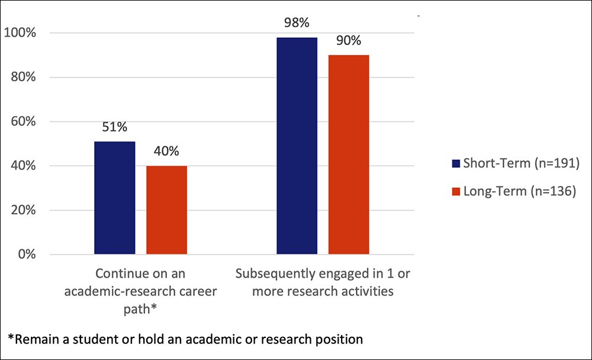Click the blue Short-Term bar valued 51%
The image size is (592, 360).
pos(114,198)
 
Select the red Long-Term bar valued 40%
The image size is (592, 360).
pos(167,210)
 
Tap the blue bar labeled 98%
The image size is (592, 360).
pos(297,146)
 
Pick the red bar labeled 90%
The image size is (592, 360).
pos(349,155)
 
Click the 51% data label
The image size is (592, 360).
pos(114,127)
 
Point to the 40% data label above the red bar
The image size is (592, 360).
pos(166,151)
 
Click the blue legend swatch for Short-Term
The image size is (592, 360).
pos(455,164)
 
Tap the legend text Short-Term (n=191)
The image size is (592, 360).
pos(519,164)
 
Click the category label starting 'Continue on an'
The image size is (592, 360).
pos(141,282)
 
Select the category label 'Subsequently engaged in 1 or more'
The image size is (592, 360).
pos(323,282)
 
